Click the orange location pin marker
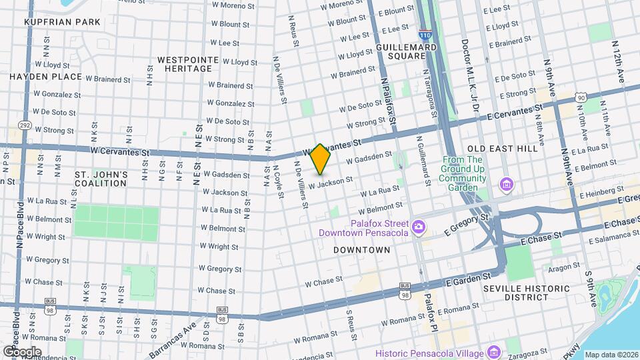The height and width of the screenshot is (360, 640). [321, 159]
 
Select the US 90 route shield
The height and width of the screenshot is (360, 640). [581, 98]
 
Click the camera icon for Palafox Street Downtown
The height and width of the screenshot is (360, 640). [418, 227]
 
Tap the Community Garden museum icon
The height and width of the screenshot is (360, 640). [507, 183]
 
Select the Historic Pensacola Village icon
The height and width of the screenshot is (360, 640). [493, 351]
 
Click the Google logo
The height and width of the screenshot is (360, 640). [21, 351]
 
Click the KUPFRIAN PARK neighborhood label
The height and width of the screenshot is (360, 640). [62, 22]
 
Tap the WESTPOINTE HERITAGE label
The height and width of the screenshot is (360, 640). [188, 65]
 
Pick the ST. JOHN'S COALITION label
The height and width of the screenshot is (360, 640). [101, 179]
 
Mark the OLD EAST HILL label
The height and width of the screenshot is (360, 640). [502, 148]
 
